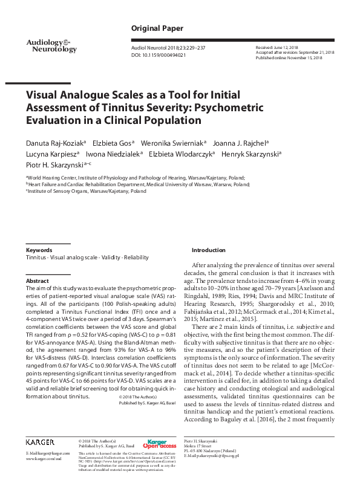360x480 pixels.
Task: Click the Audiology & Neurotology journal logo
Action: (x=51, y=45)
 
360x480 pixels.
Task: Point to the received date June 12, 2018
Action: (x=278, y=47)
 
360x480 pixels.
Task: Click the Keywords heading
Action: (x=39, y=250)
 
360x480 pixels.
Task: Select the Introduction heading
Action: (x=208, y=250)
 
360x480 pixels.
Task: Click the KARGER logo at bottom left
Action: (x=40, y=443)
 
